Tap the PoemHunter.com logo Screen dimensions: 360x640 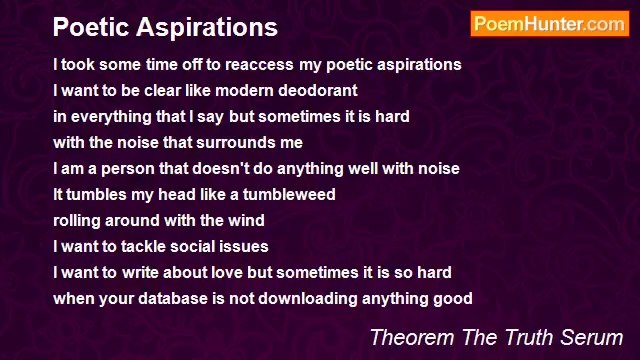coord(549,24)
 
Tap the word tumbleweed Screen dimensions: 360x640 coord(286,194)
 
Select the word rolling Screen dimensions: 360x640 coord(79,220)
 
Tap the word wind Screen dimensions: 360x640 coord(245,220)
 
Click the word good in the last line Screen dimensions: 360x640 coord(453,298)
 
